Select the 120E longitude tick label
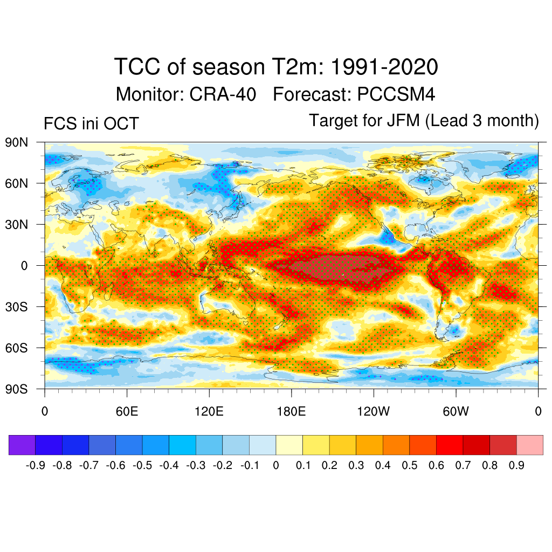(209, 412)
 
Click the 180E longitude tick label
(291, 412)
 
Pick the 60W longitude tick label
(456, 412)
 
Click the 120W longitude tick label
(374, 412)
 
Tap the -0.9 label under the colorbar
(36, 466)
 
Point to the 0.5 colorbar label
(410, 466)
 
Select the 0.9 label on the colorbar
(516, 466)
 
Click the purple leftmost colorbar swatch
(22, 445)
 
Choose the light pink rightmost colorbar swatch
(529, 445)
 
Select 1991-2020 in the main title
(383, 67)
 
